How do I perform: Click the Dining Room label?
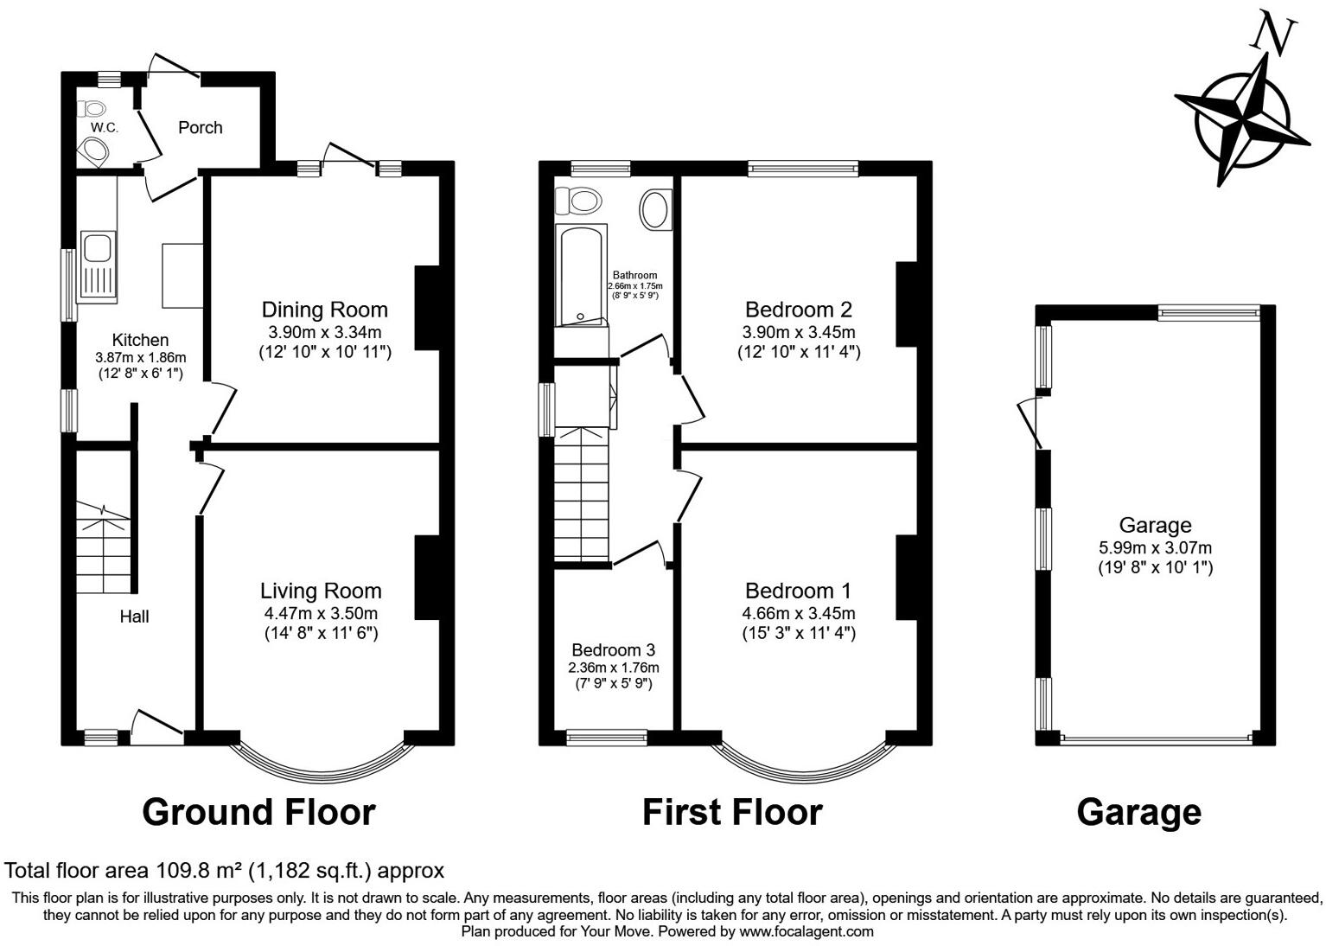pyautogui.click(x=324, y=310)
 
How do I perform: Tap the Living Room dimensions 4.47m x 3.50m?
pyautogui.click(x=321, y=613)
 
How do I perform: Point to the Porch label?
pyautogui.click(x=200, y=128)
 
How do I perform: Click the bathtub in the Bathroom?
pyautogui.click(x=583, y=274)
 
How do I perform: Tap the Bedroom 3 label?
pyautogui.click(x=613, y=650)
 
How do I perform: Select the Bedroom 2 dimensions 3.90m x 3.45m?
pyautogui.click(x=798, y=332)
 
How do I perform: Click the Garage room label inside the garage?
pyautogui.click(x=1155, y=525)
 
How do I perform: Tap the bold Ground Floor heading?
pyautogui.click(x=258, y=813)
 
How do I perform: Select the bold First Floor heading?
pyautogui.click(x=732, y=813)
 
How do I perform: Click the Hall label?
pyautogui.click(x=134, y=617)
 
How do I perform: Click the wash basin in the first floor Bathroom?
pyautogui.click(x=654, y=210)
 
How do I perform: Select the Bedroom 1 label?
pyautogui.click(x=798, y=591)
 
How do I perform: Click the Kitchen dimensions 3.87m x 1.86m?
pyautogui.click(x=140, y=357)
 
